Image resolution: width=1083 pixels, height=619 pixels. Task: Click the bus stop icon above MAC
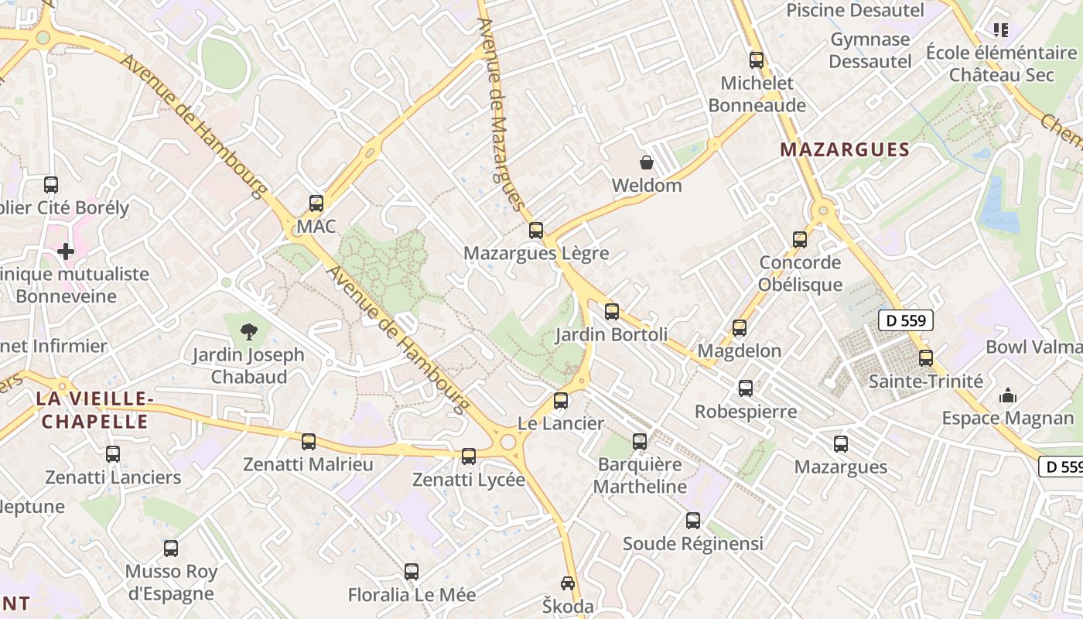point(316,203)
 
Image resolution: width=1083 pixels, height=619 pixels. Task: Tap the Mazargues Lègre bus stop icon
point(536,230)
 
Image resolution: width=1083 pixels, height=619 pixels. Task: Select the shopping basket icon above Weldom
point(646,162)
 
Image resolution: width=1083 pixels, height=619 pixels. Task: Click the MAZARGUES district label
point(844,150)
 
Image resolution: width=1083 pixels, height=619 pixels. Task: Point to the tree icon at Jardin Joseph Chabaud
point(248,332)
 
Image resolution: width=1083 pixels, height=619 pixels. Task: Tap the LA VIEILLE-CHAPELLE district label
point(93,410)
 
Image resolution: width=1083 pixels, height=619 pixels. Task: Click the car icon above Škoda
point(568,583)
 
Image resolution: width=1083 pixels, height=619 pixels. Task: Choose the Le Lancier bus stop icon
point(561,401)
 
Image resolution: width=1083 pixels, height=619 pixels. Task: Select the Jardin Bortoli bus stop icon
point(612,312)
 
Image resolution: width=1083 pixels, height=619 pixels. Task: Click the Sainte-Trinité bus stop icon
point(926,358)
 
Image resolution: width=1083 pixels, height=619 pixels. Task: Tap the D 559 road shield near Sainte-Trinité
point(906,320)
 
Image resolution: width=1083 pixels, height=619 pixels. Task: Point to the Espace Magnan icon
point(1008,395)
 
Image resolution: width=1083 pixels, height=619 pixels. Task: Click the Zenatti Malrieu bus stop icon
point(309,442)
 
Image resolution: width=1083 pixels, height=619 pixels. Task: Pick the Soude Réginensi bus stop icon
point(693,521)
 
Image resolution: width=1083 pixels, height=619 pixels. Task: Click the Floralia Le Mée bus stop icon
point(412,572)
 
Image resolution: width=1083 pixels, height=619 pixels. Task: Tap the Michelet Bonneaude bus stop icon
point(757,60)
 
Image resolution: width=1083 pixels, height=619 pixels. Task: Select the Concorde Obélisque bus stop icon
point(800,239)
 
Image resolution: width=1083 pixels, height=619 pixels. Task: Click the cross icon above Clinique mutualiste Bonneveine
point(66,251)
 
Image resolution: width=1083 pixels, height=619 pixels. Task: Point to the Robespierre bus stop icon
point(746,388)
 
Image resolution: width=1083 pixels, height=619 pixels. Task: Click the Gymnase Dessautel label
point(870,50)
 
